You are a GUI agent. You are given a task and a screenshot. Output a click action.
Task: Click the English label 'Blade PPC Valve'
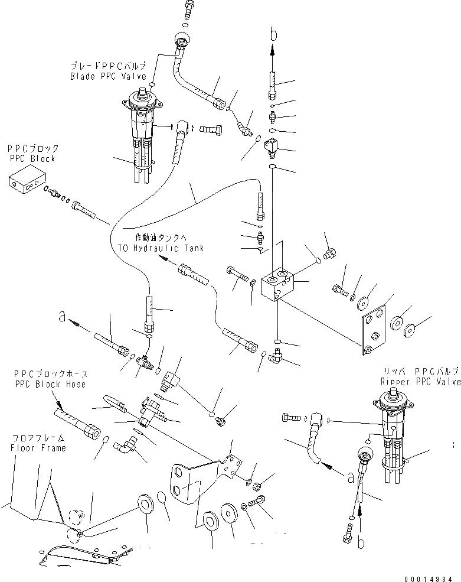coord(108,76)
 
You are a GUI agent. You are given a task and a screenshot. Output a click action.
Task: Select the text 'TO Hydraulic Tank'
coord(161,248)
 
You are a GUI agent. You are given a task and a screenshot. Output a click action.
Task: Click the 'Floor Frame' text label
coord(38,447)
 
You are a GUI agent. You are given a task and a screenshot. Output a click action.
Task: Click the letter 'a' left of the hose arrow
coord(61,317)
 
